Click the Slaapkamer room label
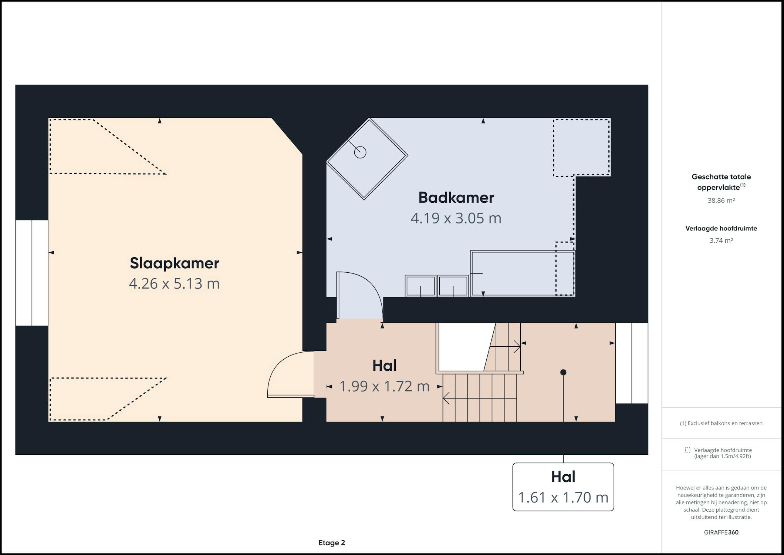coord(174,263)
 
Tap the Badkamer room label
coord(456,198)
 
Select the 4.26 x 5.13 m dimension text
coord(174,283)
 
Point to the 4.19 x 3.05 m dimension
coord(456,218)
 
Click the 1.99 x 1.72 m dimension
coord(384,386)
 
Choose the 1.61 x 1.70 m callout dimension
coord(563,498)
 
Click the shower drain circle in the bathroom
coord(360,152)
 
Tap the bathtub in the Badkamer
coord(523,273)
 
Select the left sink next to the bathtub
coord(420,286)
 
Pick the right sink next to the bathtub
coord(453,286)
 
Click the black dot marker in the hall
coord(563,372)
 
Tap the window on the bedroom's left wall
coord(32,273)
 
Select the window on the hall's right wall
coord(632,363)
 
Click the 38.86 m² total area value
coord(721,201)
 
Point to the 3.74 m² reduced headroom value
coord(721,240)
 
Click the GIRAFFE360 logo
coord(721,532)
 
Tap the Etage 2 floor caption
coord(332,543)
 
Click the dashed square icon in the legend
coord(687,450)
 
